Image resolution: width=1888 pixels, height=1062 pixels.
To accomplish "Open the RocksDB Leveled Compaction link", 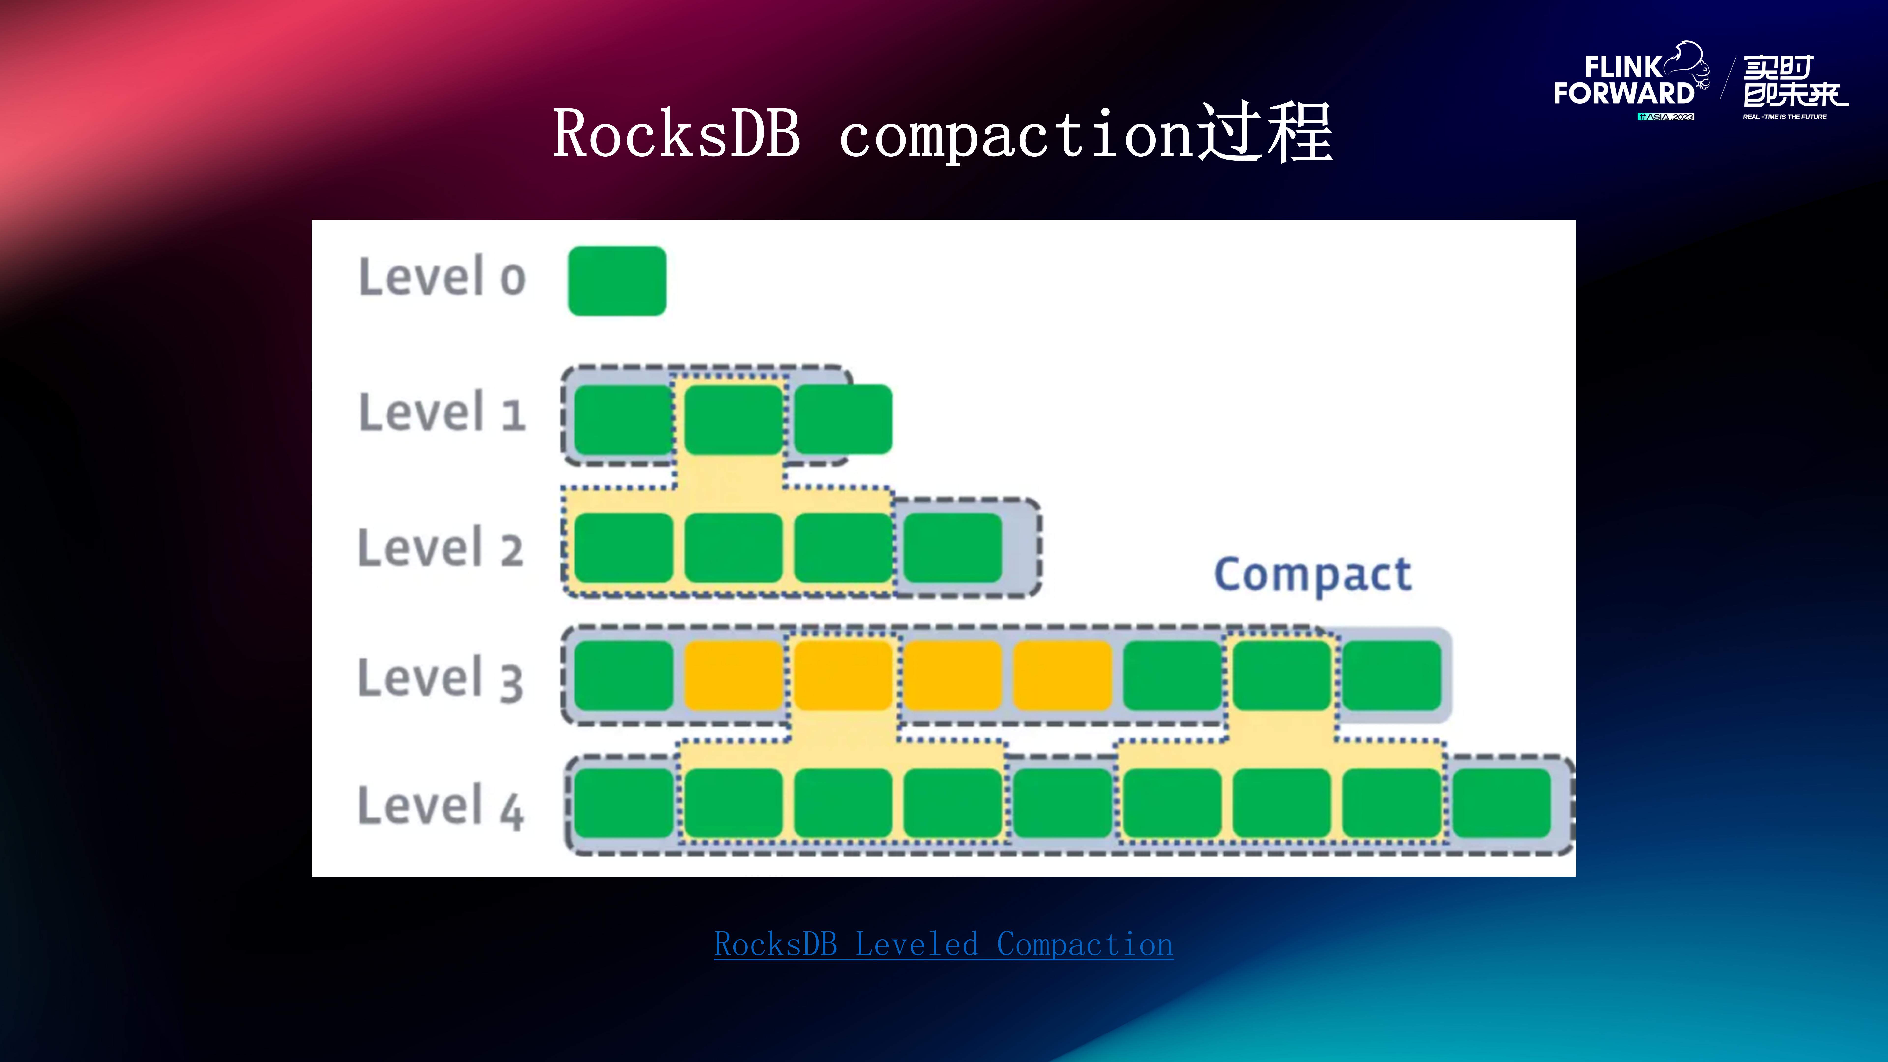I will (x=943, y=945).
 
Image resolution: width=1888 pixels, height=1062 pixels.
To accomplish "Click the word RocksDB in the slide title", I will (x=676, y=133).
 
